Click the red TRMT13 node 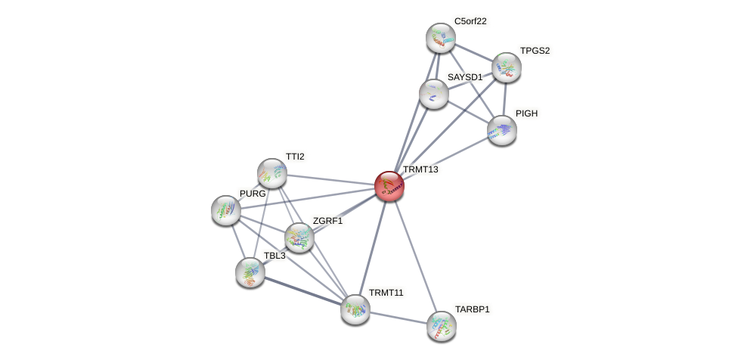click(389, 186)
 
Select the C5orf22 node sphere click(440, 38)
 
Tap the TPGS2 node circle click(506, 67)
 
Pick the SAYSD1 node click(434, 94)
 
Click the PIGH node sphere click(502, 130)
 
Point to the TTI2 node click(272, 173)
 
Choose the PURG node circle click(226, 210)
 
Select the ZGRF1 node click(299, 237)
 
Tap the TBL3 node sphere click(250, 272)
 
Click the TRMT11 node click(355, 309)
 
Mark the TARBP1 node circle click(442, 326)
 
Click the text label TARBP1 click(472, 309)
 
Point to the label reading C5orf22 click(470, 21)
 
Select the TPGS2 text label click(535, 51)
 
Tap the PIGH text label click(526, 113)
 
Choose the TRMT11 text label click(386, 293)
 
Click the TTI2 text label click(295, 157)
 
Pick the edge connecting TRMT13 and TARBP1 click(415, 256)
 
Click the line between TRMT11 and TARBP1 click(398, 318)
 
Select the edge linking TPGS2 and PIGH click(504, 98)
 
